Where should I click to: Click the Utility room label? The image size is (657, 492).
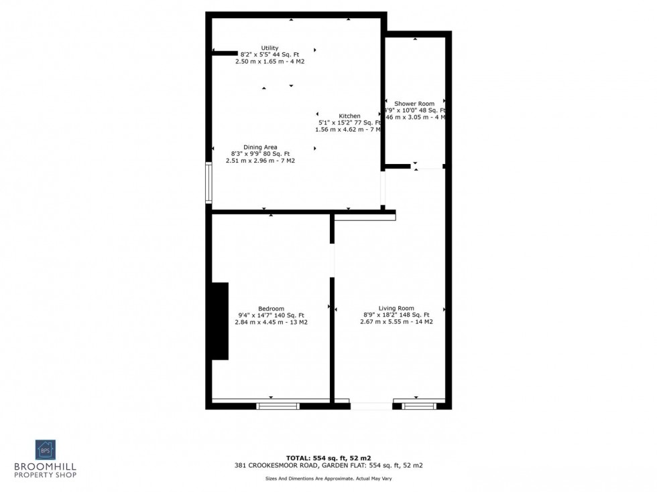[270, 48]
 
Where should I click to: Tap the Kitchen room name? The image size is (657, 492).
[349, 116]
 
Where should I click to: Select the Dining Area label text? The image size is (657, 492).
[260, 147]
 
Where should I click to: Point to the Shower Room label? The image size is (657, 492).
[414, 104]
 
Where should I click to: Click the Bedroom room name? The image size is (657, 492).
[271, 309]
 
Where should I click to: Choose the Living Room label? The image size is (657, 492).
[396, 309]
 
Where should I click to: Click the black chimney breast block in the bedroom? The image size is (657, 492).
[220, 321]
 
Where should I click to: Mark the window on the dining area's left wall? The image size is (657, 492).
[208, 182]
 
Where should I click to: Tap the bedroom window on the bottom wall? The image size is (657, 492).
[278, 405]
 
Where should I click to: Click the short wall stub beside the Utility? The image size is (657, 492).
[225, 53]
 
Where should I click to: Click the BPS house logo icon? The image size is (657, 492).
[46, 449]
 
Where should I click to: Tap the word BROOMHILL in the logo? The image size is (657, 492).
[46, 466]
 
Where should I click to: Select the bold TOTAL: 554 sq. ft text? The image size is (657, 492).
[328, 457]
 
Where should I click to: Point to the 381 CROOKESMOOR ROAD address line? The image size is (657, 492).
[328, 465]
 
